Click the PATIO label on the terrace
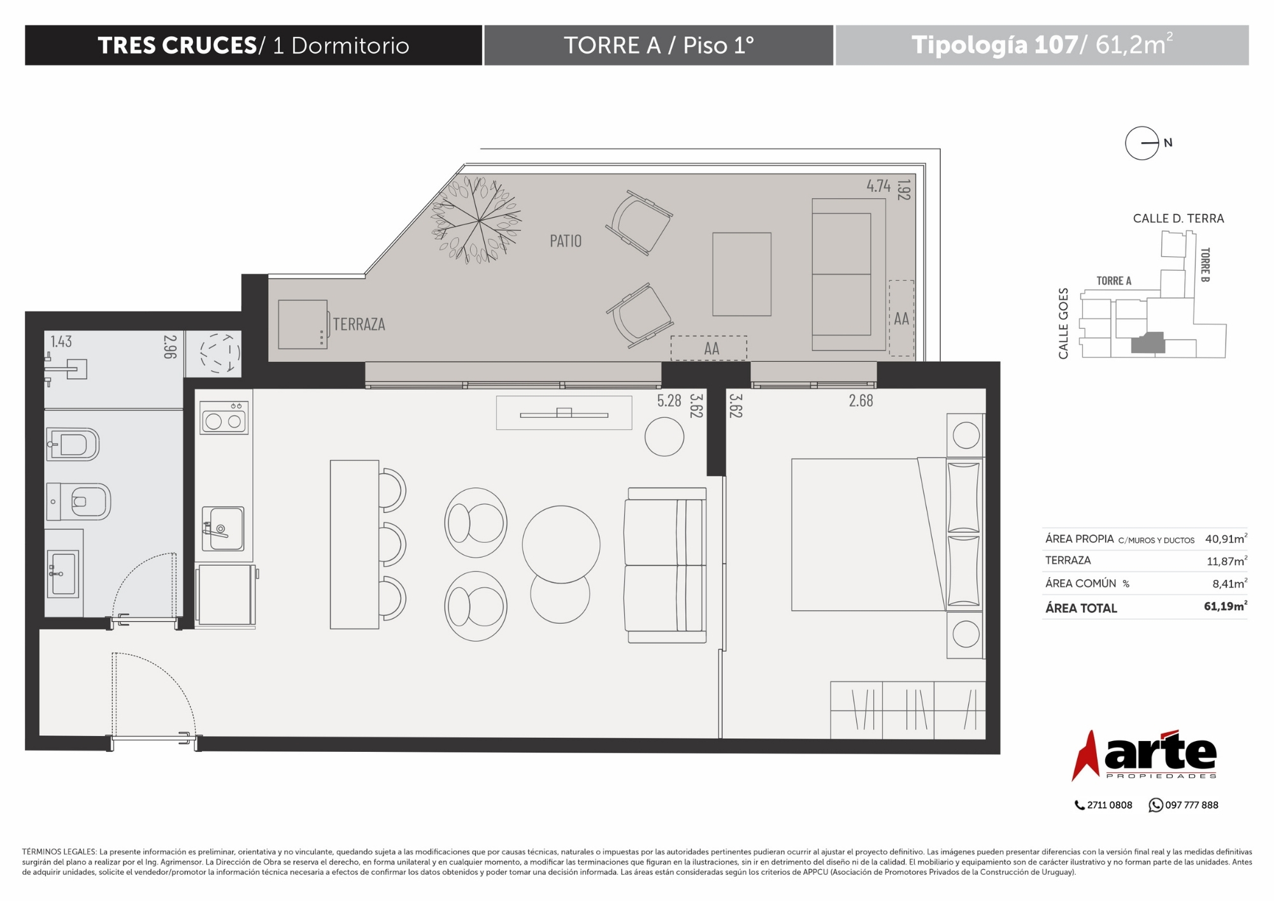click(x=566, y=241)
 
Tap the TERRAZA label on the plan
click(x=359, y=324)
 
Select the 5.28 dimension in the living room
click(x=669, y=401)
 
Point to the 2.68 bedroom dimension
click(x=861, y=401)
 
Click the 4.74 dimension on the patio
click(x=878, y=186)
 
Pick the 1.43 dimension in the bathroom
click(x=61, y=342)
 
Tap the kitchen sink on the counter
click(x=223, y=528)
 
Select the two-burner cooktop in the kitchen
click(x=224, y=418)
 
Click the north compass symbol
click(x=1142, y=143)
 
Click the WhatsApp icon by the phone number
click(x=1156, y=805)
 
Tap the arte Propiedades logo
click(x=1144, y=756)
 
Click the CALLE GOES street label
click(x=1063, y=324)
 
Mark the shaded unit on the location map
click(x=1148, y=343)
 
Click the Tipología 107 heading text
click(x=994, y=45)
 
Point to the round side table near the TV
click(x=664, y=436)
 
